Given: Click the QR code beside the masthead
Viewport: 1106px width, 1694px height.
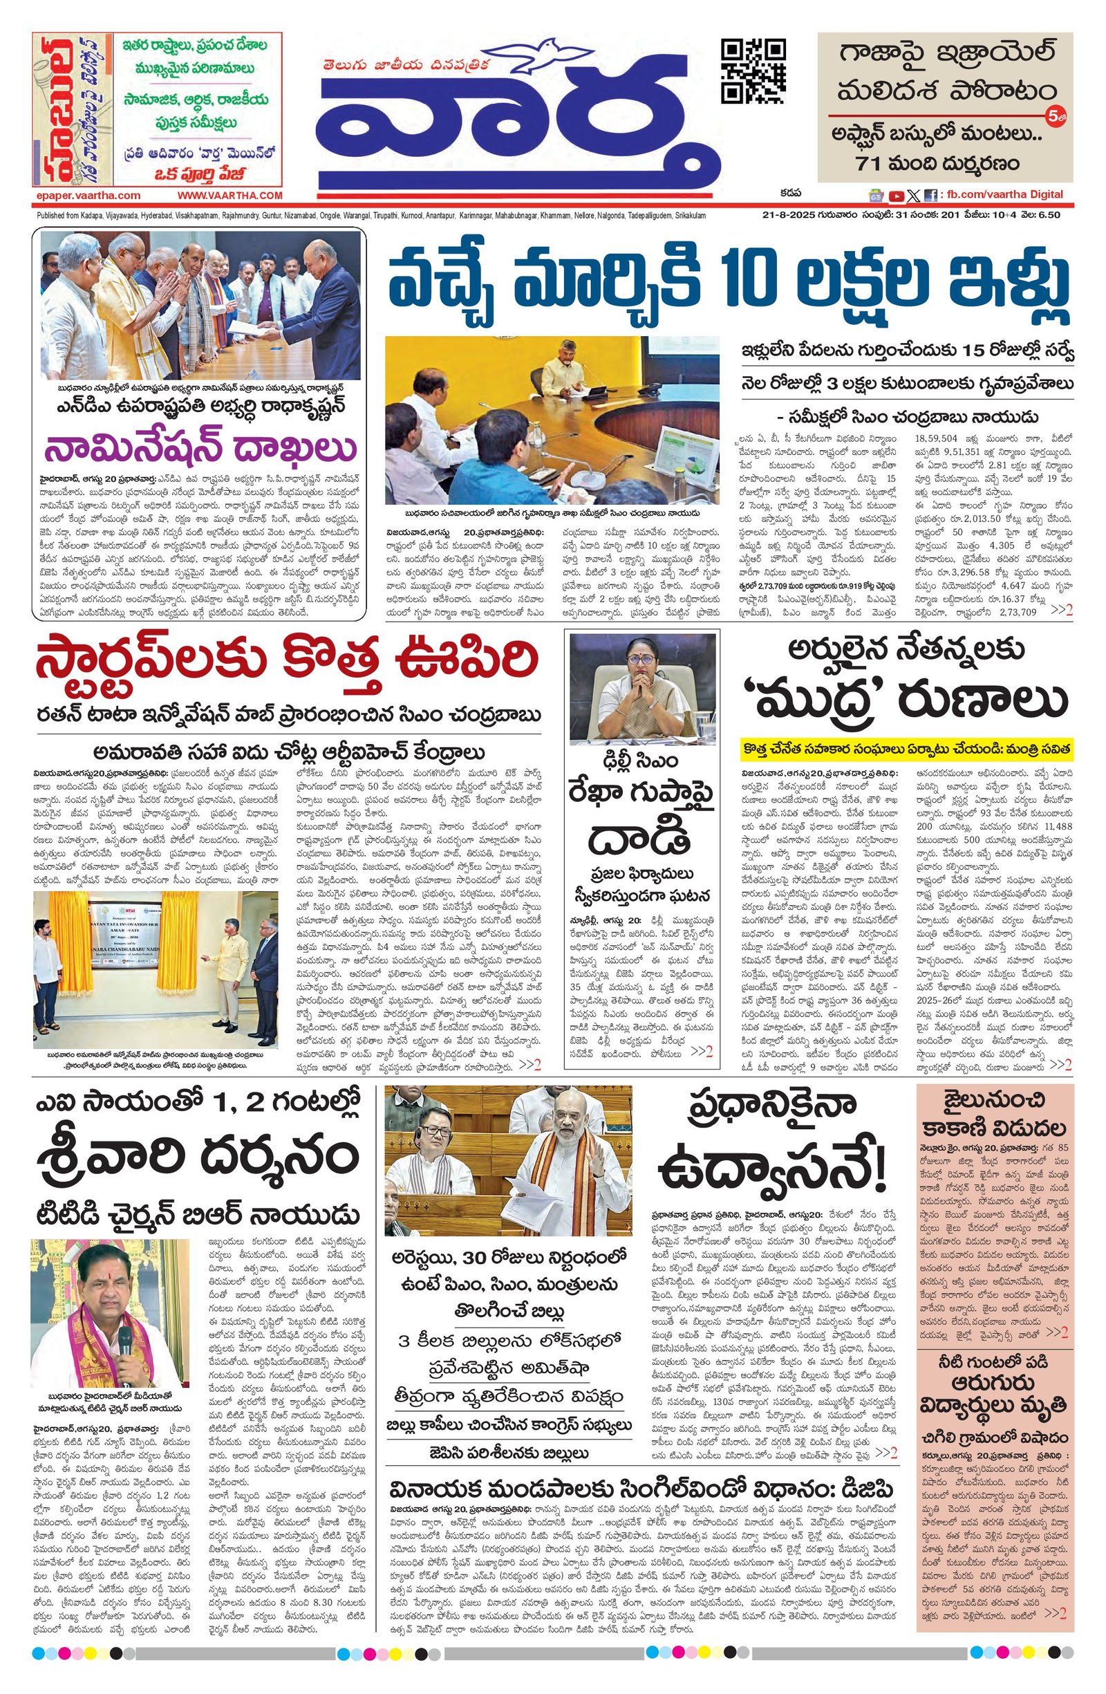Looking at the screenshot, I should (753, 71).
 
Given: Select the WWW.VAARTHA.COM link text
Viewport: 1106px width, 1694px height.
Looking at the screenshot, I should (230, 195).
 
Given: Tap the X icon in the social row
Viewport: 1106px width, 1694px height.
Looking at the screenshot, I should (914, 195).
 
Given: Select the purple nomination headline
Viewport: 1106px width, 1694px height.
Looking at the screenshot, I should (200, 449).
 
